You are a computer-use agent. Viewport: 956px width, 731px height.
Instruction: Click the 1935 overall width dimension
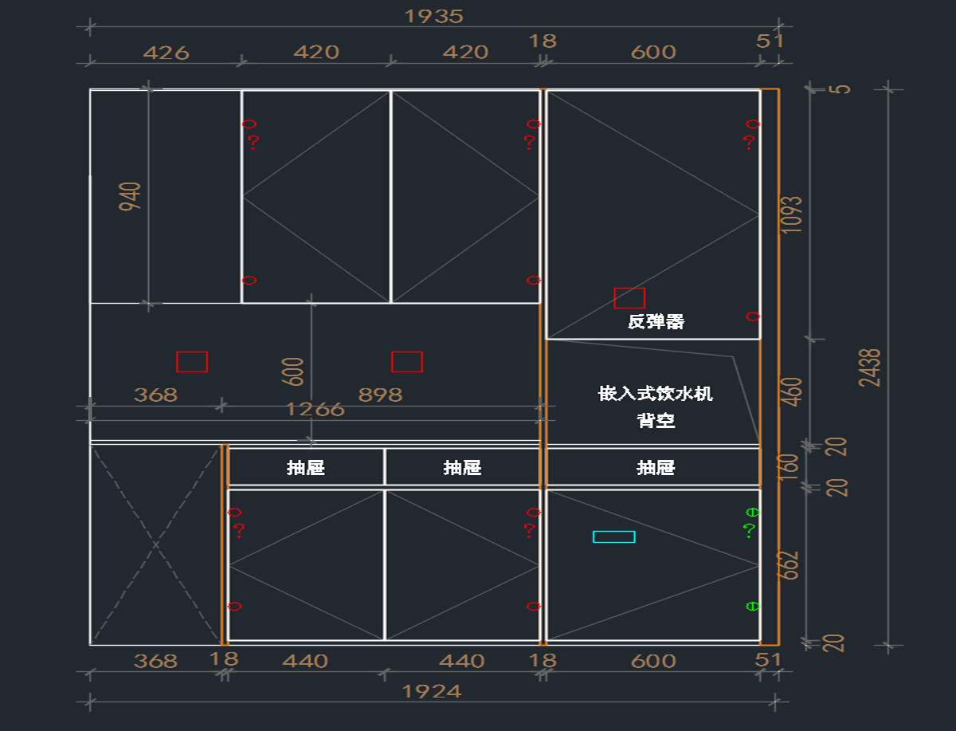point(433,16)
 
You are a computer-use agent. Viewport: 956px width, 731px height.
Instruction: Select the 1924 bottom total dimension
point(432,691)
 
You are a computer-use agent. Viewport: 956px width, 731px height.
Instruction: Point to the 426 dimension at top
point(166,53)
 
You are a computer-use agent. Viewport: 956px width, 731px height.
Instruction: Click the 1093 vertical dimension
point(791,214)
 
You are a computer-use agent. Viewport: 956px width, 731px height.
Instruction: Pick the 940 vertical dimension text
point(131,196)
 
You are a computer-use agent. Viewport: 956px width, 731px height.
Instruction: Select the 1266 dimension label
point(315,410)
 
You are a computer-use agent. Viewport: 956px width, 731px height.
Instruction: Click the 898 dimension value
point(381,395)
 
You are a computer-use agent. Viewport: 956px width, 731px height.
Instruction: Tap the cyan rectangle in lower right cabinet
point(613,536)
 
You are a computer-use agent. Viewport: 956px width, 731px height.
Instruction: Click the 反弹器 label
point(656,322)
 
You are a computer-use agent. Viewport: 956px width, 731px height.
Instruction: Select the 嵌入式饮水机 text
point(656,393)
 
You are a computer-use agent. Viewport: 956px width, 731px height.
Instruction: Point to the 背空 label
point(656,420)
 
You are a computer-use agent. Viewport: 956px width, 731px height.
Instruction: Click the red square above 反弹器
point(629,298)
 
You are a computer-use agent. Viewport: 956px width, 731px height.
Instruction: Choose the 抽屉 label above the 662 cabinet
point(656,468)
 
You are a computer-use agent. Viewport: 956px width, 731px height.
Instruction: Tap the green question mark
point(748,530)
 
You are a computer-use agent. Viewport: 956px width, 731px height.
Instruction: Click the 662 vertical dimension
point(789,565)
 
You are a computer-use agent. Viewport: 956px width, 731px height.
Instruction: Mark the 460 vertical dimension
point(791,391)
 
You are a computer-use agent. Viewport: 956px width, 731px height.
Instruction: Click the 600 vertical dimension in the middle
point(293,371)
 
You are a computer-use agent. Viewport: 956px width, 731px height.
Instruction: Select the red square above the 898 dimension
point(406,362)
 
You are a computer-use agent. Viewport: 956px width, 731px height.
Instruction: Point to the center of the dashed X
point(155,545)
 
